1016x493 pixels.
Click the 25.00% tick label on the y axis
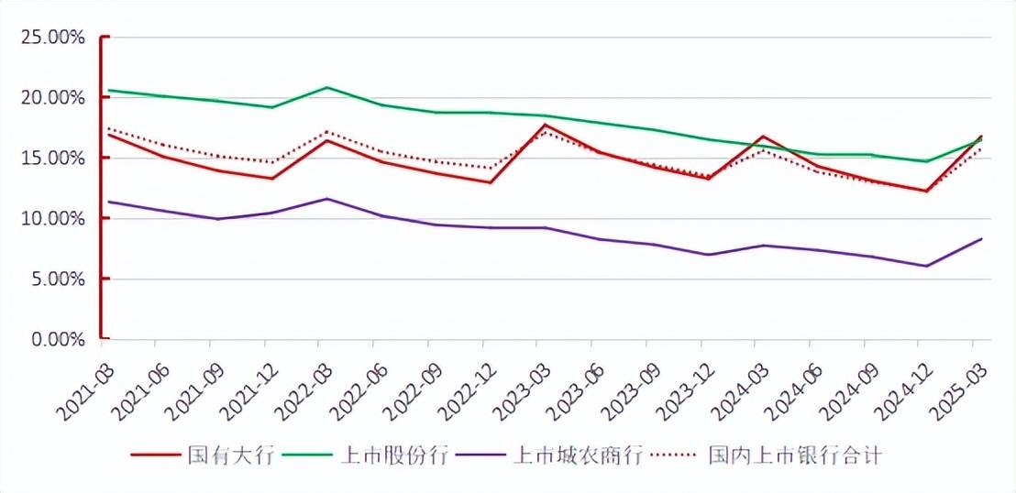54,38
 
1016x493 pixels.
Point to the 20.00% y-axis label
54,98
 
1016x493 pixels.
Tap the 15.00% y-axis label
54,159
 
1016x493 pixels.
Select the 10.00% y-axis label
54,219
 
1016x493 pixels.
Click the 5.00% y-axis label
58,279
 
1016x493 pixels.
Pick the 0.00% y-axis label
58,340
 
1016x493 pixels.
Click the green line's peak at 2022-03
326,87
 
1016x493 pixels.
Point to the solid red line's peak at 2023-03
545,125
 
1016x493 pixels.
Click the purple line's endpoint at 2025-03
981,239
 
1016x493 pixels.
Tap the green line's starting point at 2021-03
107,90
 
